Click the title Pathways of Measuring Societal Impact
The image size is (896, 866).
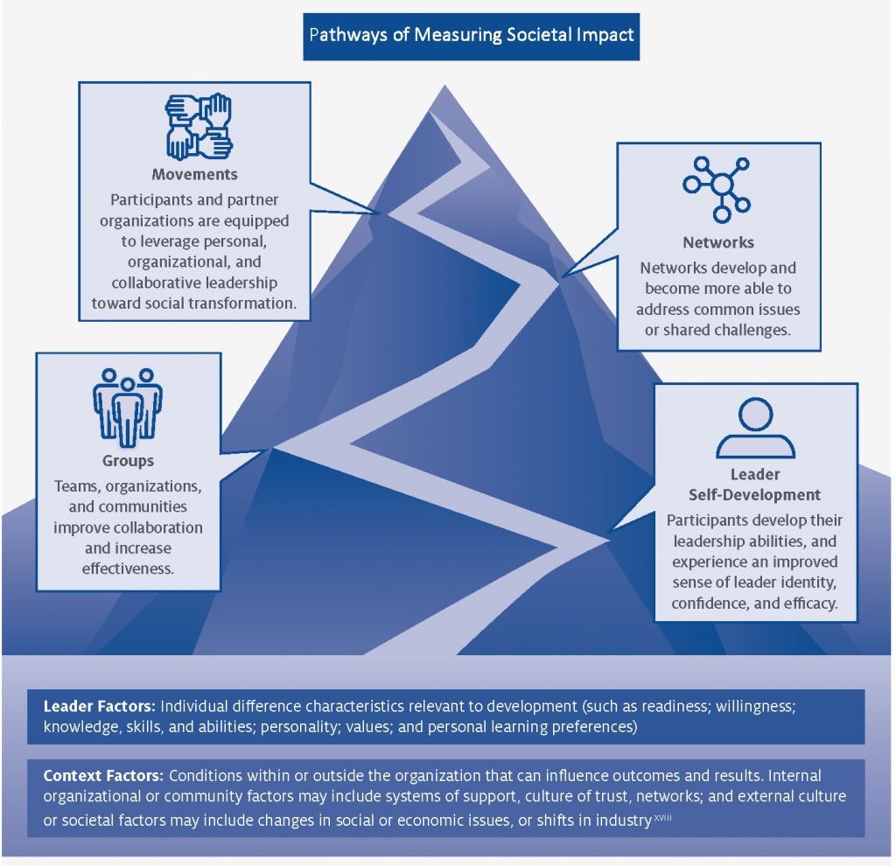pyautogui.click(x=471, y=36)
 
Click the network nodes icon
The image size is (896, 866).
pyautogui.click(x=717, y=186)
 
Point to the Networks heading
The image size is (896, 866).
pyautogui.click(x=717, y=242)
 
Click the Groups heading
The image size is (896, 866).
pyautogui.click(x=128, y=461)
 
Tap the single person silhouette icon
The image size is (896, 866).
pyautogui.click(x=755, y=430)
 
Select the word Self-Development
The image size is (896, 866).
pyautogui.click(x=755, y=494)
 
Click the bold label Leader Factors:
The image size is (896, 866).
pyautogui.click(x=99, y=705)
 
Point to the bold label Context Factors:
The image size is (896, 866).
pyautogui.click(x=103, y=775)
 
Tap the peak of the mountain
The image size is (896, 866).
pyautogui.click(x=430, y=109)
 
